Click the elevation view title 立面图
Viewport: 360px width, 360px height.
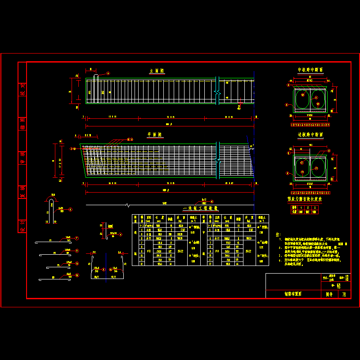point(157,71)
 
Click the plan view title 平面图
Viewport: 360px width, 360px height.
point(155,135)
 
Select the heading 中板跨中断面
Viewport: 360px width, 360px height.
point(310,70)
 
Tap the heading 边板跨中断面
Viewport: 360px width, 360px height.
point(310,135)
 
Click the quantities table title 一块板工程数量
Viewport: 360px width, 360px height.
point(200,209)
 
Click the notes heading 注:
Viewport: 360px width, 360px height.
point(278,234)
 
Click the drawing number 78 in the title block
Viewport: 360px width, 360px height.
point(344,295)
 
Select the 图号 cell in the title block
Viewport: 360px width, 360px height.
point(329,295)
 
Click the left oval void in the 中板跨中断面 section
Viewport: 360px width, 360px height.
point(302,99)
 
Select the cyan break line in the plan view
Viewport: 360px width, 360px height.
point(217,160)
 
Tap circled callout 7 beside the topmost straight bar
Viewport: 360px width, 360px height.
point(77,238)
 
